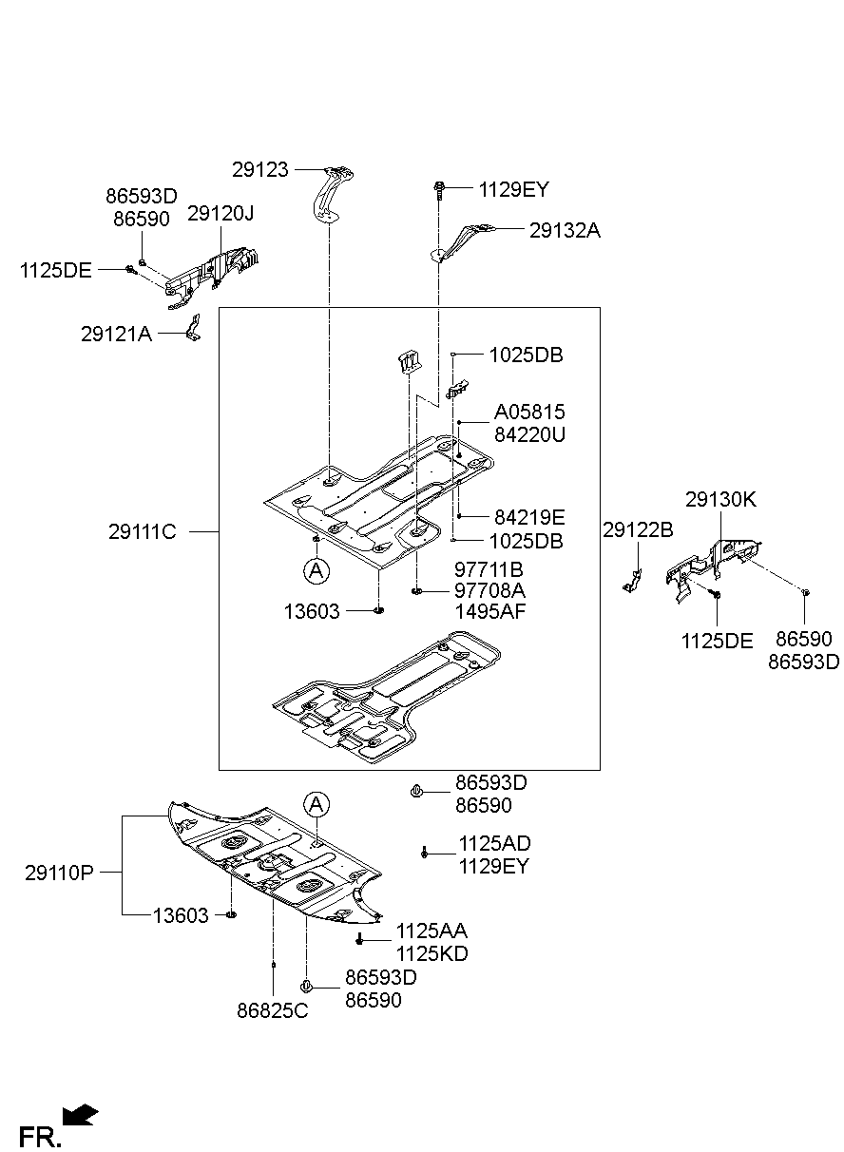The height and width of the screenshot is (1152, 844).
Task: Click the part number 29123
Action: pyautogui.click(x=259, y=170)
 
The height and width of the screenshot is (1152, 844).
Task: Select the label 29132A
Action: pyautogui.click(x=565, y=230)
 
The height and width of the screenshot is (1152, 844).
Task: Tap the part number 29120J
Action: pyautogui.click(x=221, y=213)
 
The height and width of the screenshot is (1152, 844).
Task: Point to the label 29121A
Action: pyautogui.click(x=116, y=335)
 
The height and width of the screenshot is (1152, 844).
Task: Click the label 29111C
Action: pyautogui.click(x=143, y=531)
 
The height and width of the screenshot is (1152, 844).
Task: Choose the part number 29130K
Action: pyautogui.click(x=720, y=499)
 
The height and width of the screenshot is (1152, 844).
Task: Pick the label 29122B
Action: pyautogui.click(x=638, y=529)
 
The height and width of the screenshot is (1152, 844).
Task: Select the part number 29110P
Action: pyautogui.click(x=59, y=873)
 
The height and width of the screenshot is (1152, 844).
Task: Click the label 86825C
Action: pyautogui.click(x=273, y=1010)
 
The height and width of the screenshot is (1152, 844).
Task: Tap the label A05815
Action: pyautogui.click(x=529, y=412)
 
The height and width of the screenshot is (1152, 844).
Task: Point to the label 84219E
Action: pyautogui.click(x=529, y=517)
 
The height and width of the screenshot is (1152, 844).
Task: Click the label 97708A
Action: pyautogui.click(x=489, y=590)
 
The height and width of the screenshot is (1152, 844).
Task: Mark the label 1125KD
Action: pyautogui.click(x=432, y=954)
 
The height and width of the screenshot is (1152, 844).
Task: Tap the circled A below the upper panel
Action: pyautogui.click(x=316, y=570)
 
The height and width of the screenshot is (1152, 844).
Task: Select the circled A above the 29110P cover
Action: pyautogui.click(x=316, y=804)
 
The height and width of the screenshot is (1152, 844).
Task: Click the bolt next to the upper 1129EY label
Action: pyautogui.click(x=439, y=190)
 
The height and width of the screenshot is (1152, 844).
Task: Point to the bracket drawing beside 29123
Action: pyautogui.click(x=332, y=195)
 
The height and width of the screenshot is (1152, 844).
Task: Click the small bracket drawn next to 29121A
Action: pyautogui.click(x=193, y=328)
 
